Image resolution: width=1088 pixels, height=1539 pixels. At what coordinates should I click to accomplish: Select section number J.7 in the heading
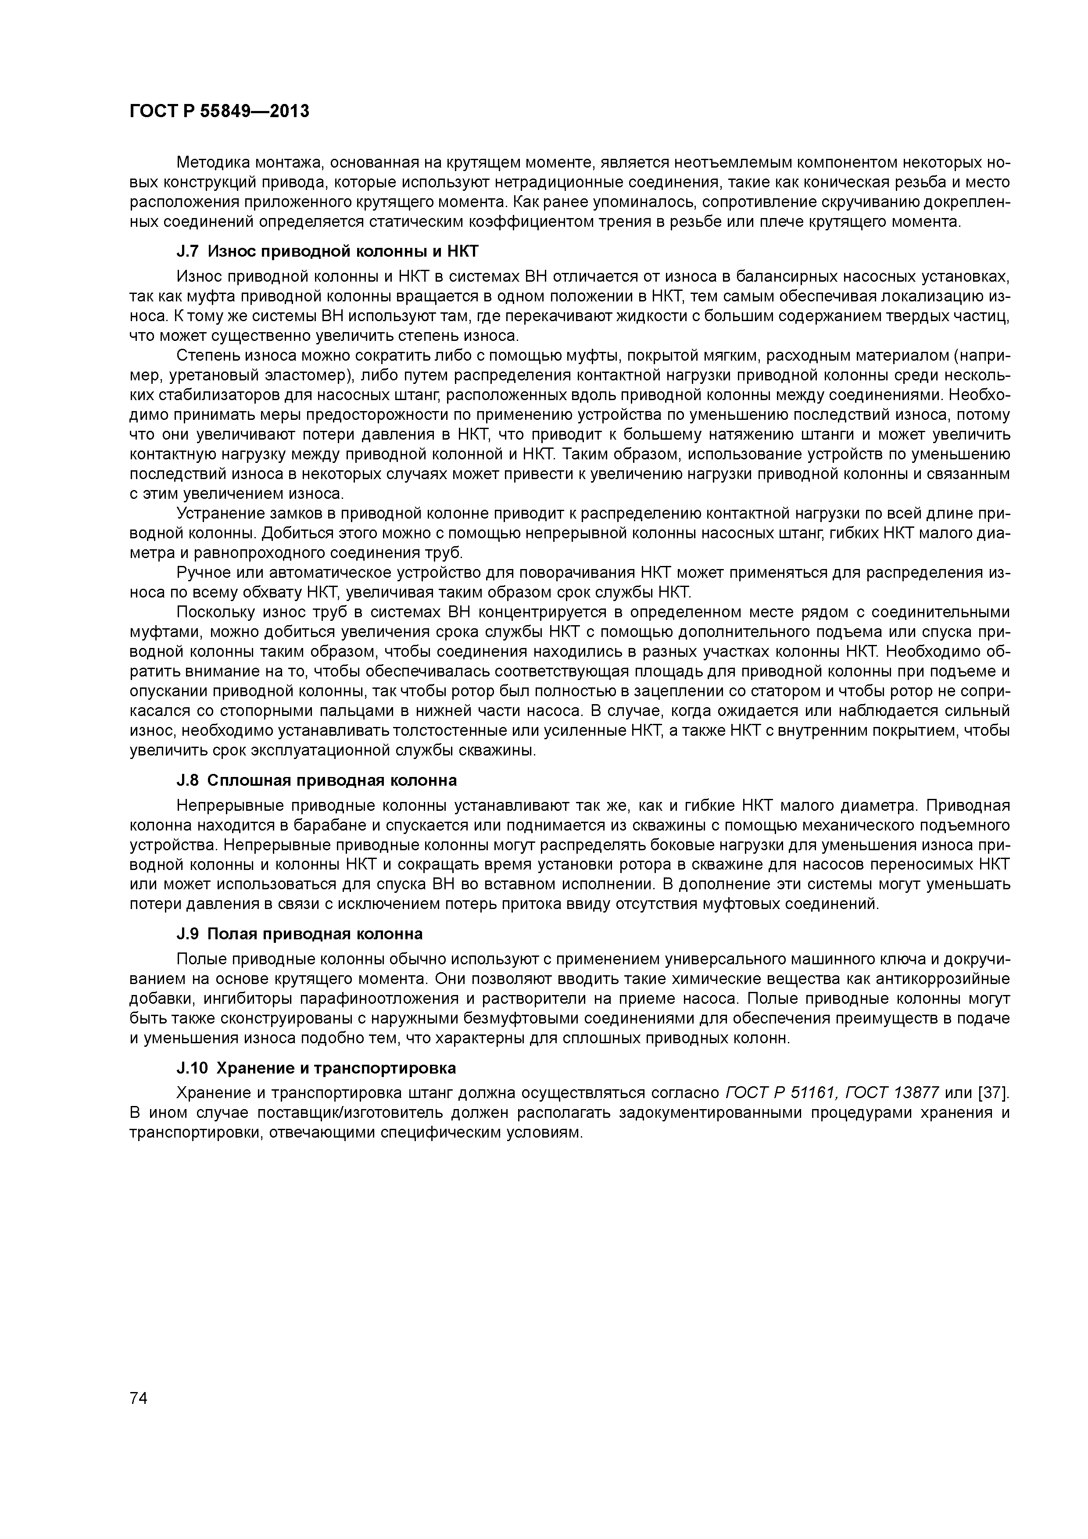pos(188,251)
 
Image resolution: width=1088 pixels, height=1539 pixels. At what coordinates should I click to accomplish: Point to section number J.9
pos(188,934)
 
